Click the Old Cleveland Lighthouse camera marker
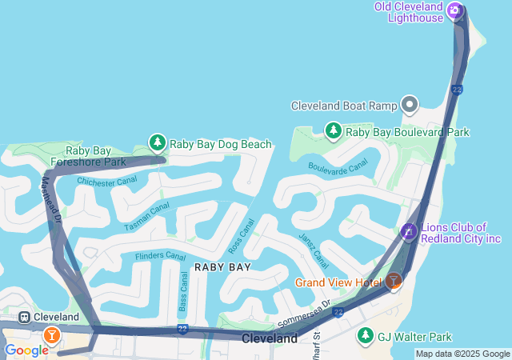(x=454, y=10)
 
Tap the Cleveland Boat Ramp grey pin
(x=410, y=105)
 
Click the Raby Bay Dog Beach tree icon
(x=158, y=143)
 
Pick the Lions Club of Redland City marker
(x=409, y=232)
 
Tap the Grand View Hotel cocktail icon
(x=393, y=281)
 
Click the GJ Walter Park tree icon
(x=366, y=335)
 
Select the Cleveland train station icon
(x=24, y=317)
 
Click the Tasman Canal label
(x=147, y=217)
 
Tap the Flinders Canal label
(x=160, y=256)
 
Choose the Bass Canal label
(x=183, y=291)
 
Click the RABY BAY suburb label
(x=223, y=267)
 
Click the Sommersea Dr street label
(x=303, y=313)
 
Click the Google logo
(x=26, y=350)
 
